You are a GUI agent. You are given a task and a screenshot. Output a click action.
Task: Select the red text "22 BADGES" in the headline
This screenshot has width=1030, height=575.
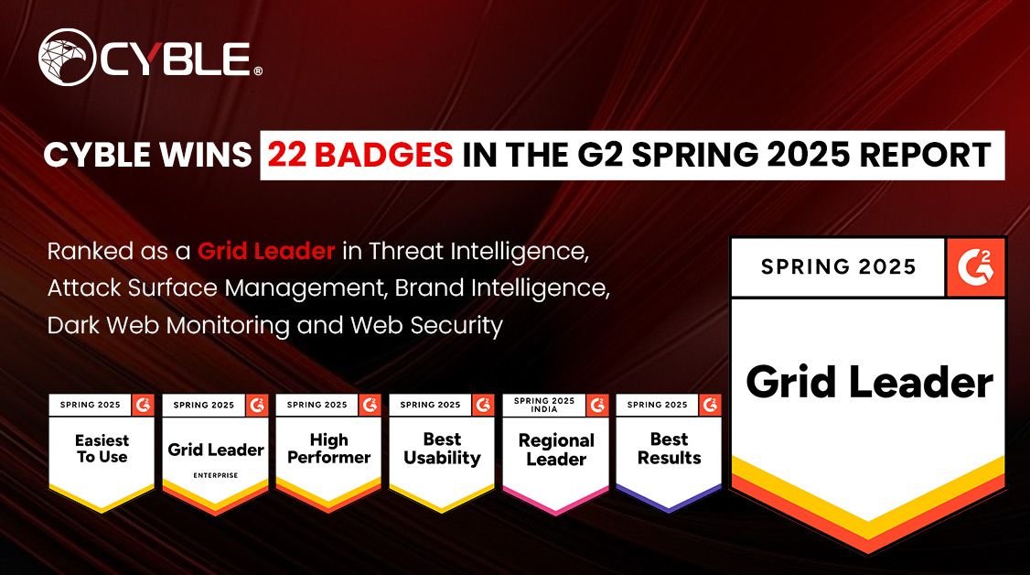click(x=359, y=154)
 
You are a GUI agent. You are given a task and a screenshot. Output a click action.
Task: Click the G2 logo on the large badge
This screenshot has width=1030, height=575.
click(x=975, y=266)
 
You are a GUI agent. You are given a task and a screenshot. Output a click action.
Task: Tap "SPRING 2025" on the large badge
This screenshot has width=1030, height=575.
click(x=839, y=267)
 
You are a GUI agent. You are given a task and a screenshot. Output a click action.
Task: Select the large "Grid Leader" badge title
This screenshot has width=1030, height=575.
click(x=868, y=382)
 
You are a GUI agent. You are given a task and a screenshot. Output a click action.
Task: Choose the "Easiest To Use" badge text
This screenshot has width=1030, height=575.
click(x=102, y=449)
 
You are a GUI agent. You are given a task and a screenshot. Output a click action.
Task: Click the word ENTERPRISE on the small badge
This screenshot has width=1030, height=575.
click(x=216, y=476)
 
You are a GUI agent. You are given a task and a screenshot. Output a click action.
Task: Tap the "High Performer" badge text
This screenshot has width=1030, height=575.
click(x=328, y=449)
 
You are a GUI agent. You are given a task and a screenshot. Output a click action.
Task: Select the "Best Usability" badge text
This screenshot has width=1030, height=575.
click(x=442, y=449)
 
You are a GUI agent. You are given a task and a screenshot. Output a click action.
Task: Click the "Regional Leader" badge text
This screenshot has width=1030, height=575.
click(x=555, y=450)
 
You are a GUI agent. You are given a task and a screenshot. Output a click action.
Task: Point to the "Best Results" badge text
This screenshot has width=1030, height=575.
click(x=669, y=449)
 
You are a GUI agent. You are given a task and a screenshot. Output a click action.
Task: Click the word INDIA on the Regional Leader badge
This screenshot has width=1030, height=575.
click(x=543, y=409)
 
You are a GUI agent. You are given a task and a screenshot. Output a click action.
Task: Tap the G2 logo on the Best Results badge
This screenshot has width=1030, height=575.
click(x=710, y=405)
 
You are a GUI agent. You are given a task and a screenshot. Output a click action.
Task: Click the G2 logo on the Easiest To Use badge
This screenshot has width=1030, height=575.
click(x=143, y=405)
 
